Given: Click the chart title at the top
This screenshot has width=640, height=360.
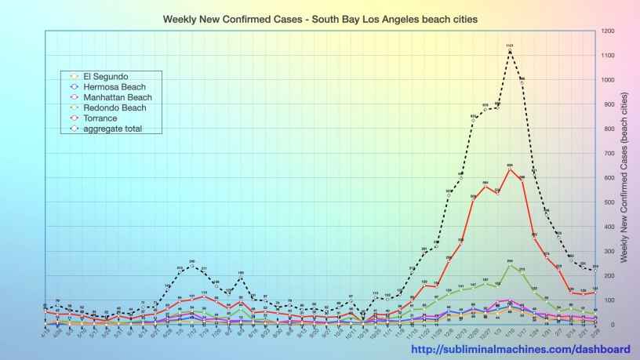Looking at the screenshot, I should (x=320, y=17).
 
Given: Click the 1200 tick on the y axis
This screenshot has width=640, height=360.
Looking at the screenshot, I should (x=608, y=31).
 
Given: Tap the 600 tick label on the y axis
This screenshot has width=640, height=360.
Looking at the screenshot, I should (x=606, y=178).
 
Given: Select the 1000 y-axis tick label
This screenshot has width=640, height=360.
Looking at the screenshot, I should (x=608, y=80).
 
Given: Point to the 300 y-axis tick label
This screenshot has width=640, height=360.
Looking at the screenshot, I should (x=606, y=251).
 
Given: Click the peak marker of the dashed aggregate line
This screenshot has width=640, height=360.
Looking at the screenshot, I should (x=510, y=51).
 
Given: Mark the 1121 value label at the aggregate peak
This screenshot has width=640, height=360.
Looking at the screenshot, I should (x=510, y=45).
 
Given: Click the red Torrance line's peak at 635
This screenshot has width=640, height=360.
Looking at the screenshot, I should (x=510, y=169).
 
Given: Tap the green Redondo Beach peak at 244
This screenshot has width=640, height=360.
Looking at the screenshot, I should (x=510, y=265).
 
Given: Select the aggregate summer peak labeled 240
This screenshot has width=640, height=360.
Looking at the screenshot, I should (x=191, y=266).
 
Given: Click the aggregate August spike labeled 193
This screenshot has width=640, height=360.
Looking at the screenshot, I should (x=241, y=278).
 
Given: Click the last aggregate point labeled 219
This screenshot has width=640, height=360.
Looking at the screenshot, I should (x=595, y=271).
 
